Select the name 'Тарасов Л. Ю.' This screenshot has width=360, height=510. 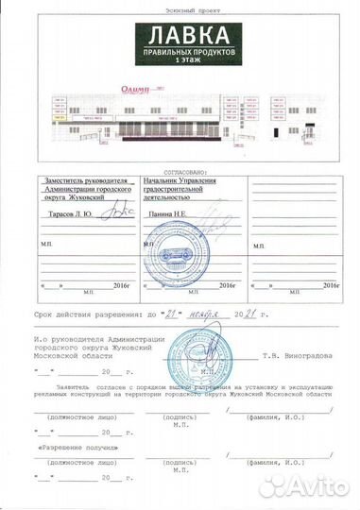[66, 214]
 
